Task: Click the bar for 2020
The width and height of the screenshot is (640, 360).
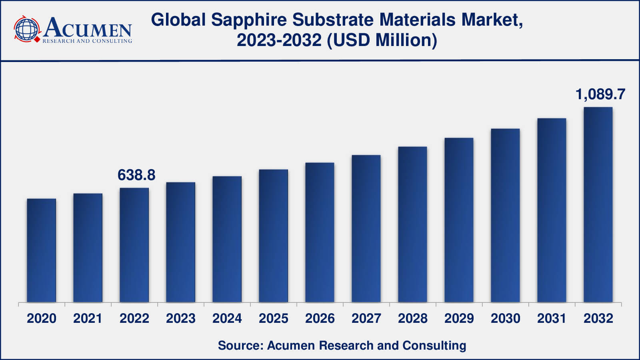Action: point(42,250)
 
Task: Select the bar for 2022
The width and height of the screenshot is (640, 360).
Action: point(134,245)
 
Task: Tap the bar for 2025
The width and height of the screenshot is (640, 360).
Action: point(274,236)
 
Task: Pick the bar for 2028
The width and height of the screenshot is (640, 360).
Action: point(412,224)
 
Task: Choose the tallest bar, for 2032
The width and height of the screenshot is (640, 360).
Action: point(598,204)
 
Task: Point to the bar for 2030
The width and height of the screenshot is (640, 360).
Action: point(505,215)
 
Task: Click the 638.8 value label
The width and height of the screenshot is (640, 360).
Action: point(136,175)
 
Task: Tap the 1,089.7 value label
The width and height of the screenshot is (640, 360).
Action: point(600,94)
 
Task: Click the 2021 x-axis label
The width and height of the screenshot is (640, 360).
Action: point(88,318)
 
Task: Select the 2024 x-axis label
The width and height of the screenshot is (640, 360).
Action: point(227,318)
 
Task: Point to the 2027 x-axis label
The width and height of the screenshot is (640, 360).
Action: point(366,318)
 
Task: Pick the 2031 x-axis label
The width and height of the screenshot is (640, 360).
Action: point(552,318)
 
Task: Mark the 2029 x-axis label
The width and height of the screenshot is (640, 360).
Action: point(459,318)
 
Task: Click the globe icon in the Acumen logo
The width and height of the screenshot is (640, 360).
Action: point(27,29)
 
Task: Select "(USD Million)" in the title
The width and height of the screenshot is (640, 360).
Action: point(382,40)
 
